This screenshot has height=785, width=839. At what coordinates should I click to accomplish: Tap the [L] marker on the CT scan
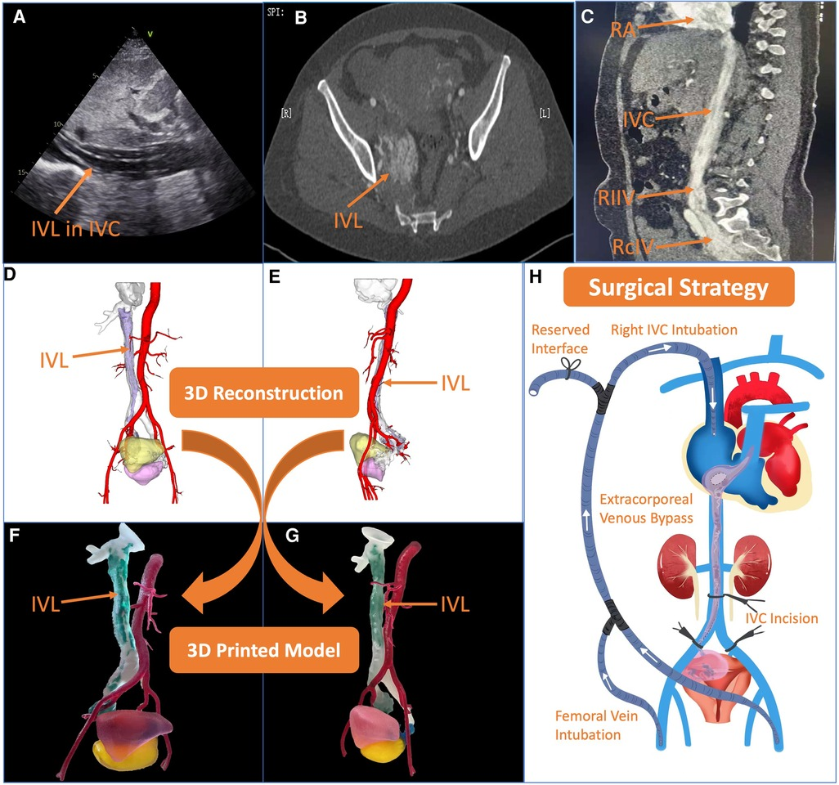(x=545, y=113)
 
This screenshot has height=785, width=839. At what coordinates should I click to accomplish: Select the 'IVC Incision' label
(x=781, y=618)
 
